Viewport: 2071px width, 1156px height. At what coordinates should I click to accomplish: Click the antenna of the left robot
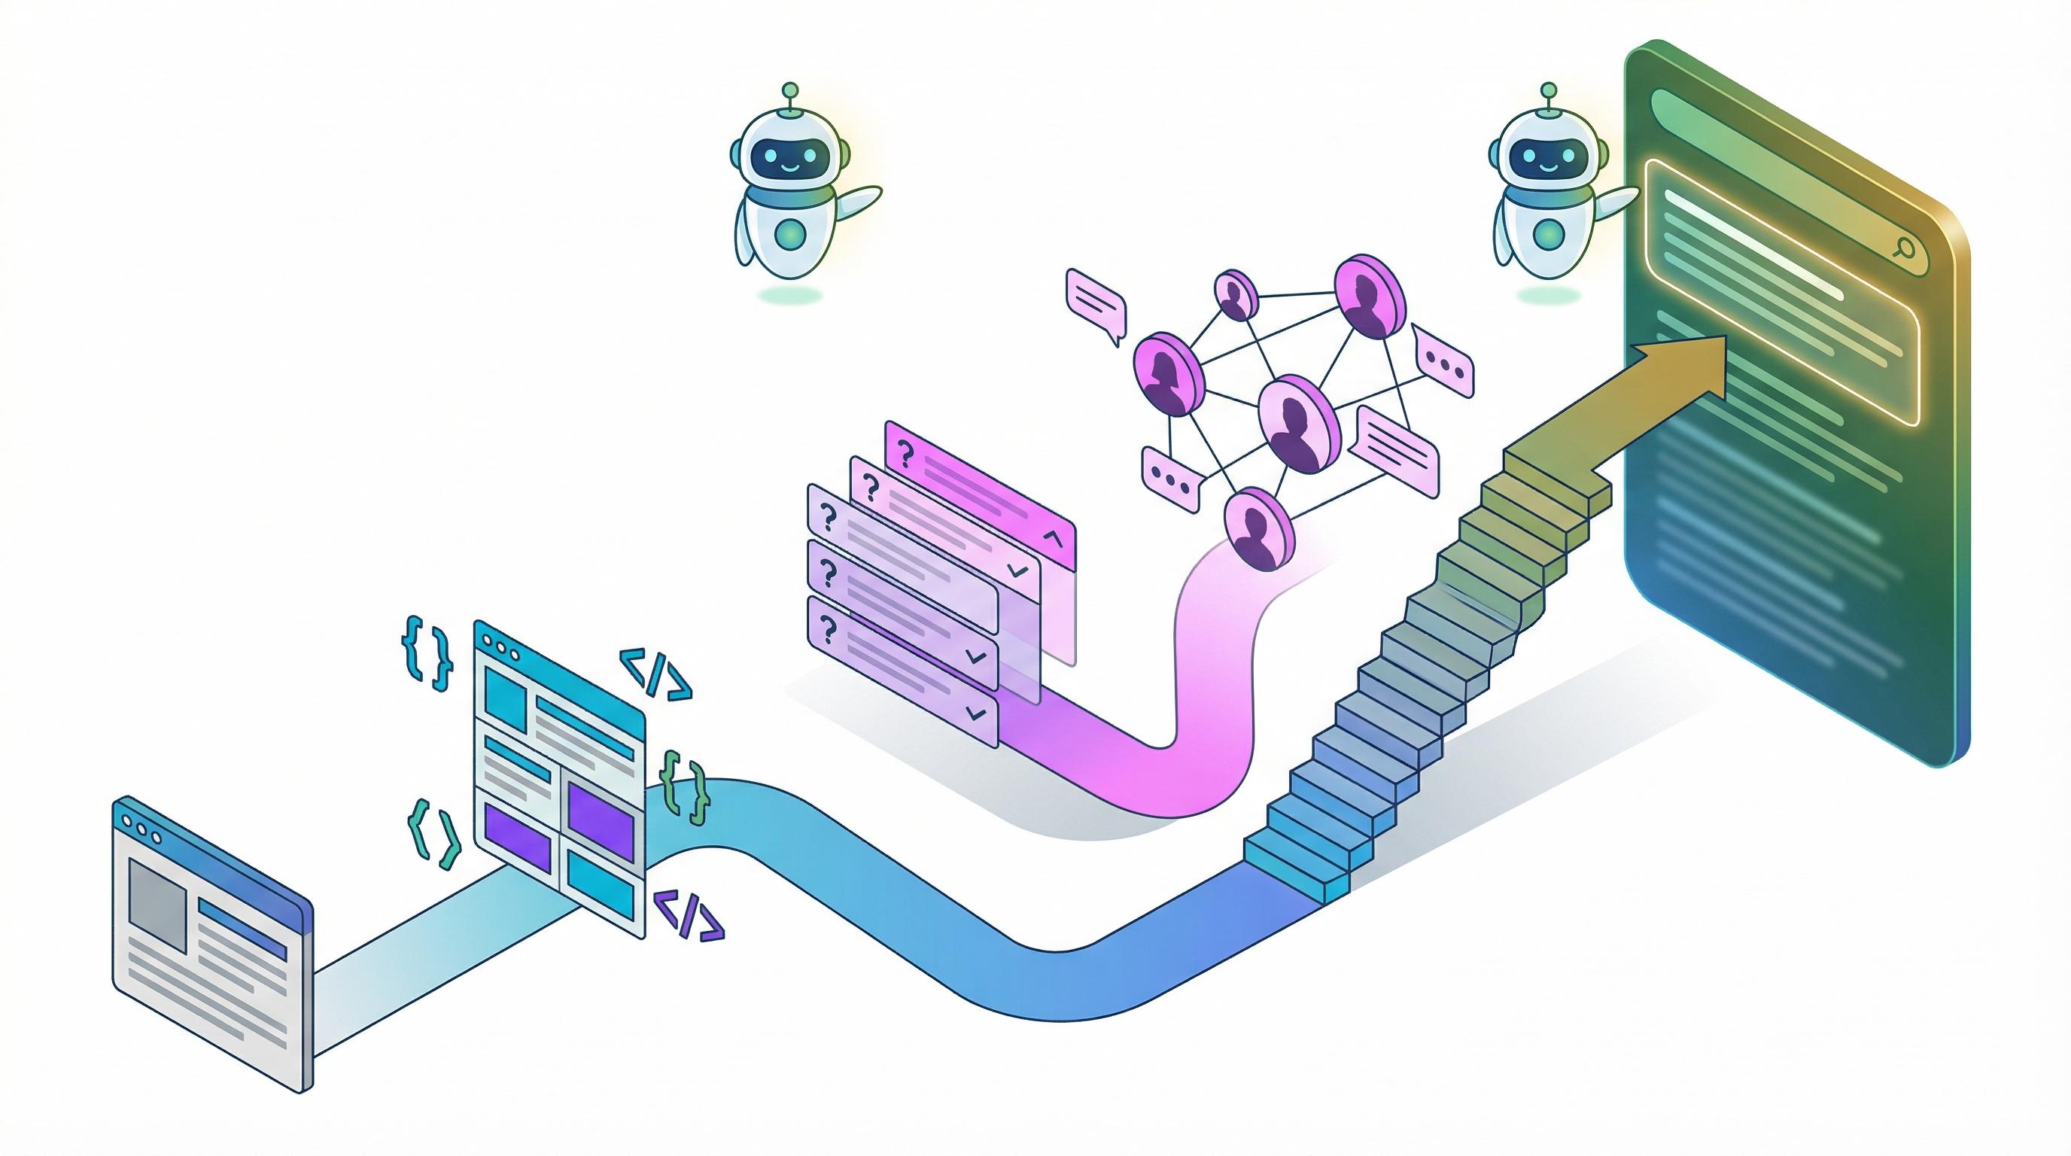791,90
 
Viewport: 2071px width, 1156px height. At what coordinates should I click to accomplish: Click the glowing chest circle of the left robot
791,233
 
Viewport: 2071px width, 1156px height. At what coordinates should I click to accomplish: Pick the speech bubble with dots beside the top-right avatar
1445,367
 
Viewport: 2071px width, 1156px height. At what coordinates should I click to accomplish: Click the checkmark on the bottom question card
976,712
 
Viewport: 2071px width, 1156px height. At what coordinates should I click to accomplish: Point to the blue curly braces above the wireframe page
426,652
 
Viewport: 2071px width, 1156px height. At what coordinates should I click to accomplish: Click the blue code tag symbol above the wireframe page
655,677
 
